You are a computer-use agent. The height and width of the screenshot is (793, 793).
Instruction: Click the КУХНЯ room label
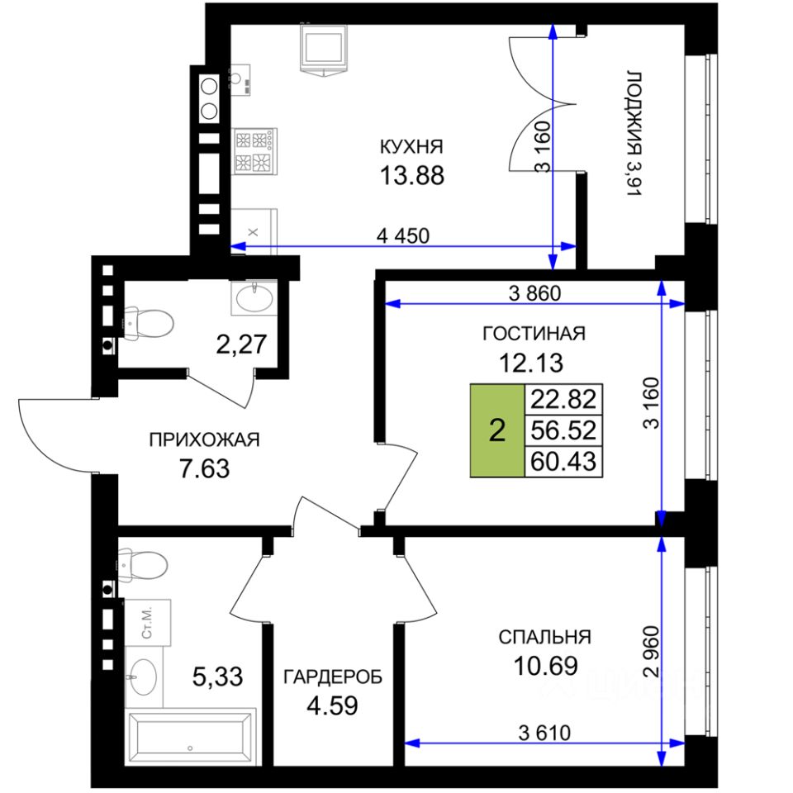(411, 147)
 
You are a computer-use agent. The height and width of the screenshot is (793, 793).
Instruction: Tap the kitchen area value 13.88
(411, 175)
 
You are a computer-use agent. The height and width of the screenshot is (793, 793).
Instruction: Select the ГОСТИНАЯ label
(534, 333)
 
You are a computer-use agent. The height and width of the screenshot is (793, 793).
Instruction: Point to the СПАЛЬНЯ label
(544, 637)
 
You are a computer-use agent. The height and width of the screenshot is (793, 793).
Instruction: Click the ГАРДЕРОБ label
(333, 677)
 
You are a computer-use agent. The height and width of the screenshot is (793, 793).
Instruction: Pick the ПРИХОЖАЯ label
(204, 439)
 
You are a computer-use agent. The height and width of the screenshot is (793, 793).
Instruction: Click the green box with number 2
(497, 430)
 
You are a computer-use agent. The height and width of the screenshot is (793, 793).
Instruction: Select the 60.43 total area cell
(563, 462)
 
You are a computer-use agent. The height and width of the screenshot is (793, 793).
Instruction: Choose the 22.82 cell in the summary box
(563, 399)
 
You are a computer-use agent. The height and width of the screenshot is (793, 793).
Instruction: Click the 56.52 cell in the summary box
(563, 430)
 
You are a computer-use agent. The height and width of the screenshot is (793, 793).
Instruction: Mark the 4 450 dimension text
(403, 235)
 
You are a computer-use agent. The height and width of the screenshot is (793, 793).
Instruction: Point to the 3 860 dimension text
(534, 292)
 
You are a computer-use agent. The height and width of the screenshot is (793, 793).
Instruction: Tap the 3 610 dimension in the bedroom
(544, 733)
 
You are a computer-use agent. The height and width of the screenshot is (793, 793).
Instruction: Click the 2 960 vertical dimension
(652, 652)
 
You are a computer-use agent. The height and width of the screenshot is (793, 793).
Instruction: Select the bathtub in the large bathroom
(190, 738)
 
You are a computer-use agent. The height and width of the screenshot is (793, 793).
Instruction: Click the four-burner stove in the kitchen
(254, 151)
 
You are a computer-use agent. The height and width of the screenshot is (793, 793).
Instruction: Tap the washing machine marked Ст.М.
(148, 623)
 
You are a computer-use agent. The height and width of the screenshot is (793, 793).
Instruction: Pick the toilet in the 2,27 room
(148, 323)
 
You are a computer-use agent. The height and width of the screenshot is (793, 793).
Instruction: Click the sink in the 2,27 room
(254, 298)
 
